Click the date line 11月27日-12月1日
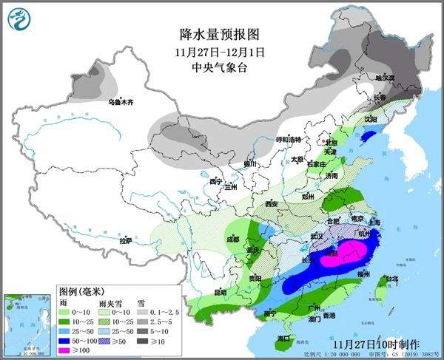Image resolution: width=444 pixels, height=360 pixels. click(x=221, y=52)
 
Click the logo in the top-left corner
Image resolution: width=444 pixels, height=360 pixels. click(x=17, y=18)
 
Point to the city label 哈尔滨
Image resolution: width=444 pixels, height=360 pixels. click(x=385, y=77)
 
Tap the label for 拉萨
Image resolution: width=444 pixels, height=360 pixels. click(x=125, y=240)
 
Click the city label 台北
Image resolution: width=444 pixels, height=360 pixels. click(x=383, y=279)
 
